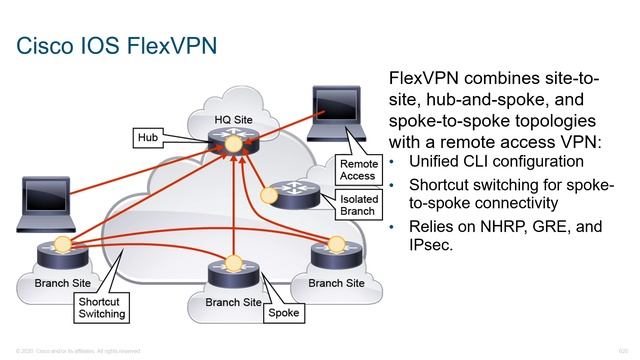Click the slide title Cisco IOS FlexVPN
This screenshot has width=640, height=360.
118,46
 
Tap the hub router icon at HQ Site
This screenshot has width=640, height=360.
232,143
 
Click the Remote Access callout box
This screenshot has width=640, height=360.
357,169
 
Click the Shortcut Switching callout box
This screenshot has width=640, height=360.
102,307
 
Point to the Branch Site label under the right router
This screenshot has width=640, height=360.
336,283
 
